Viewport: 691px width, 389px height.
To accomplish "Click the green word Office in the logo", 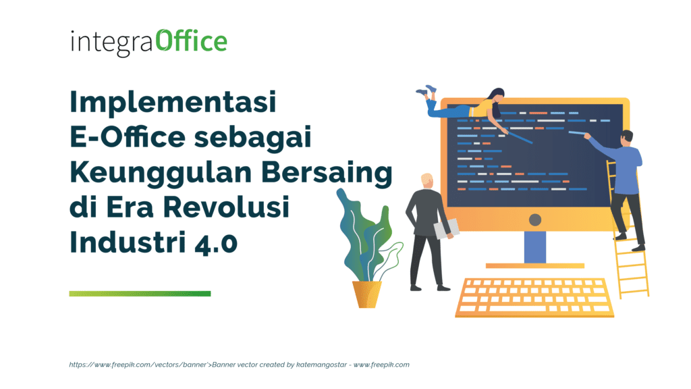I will pyautogui.click(x=192, y=41).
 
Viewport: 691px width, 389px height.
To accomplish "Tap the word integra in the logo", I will pyautogui.click(x=112, y=43).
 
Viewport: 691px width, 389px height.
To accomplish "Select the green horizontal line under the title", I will pyautogui.click(x=140, y=293).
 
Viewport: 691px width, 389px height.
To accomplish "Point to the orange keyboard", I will pyautogui.click(x=532, y=297).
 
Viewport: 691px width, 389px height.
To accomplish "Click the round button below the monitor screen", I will pyautogui.click(x=535, y=219).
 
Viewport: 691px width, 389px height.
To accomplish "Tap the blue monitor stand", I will pyautogui.click(x=534, y=247).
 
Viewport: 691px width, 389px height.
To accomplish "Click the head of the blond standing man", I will pyautogui.click(x=427, y=181).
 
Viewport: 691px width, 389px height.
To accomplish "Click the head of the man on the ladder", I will pyautogui.click(x=627, y=137).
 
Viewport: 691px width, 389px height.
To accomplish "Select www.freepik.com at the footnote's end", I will pyautogui.click(x=381, y=365).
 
